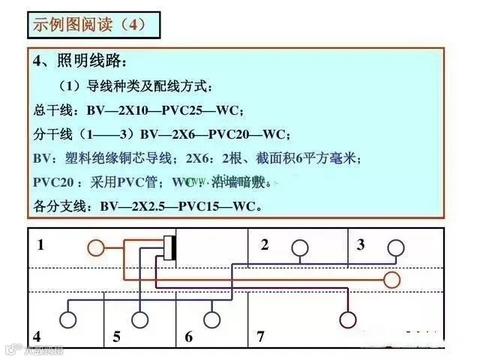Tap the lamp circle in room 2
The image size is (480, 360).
point(299,247)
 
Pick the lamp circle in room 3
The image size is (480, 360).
point(395,247)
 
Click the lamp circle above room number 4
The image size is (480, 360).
point(68,319)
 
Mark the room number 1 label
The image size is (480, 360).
point(40,244)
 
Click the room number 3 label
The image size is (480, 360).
point(361,244)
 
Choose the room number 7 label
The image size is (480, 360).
point(260,337)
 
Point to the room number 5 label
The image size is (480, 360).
point(116,337)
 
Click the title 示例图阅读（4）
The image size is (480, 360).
point(85,23)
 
